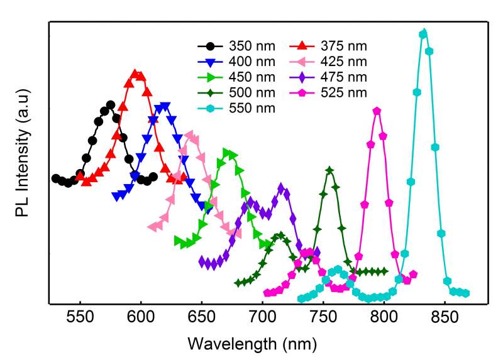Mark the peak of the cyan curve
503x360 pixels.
tap(423, 33)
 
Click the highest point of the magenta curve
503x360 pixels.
tap(377, 111)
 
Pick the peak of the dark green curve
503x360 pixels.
tap(329, 170)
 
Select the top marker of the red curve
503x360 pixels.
tap(135, 74)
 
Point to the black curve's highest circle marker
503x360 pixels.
tap(111, 105)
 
